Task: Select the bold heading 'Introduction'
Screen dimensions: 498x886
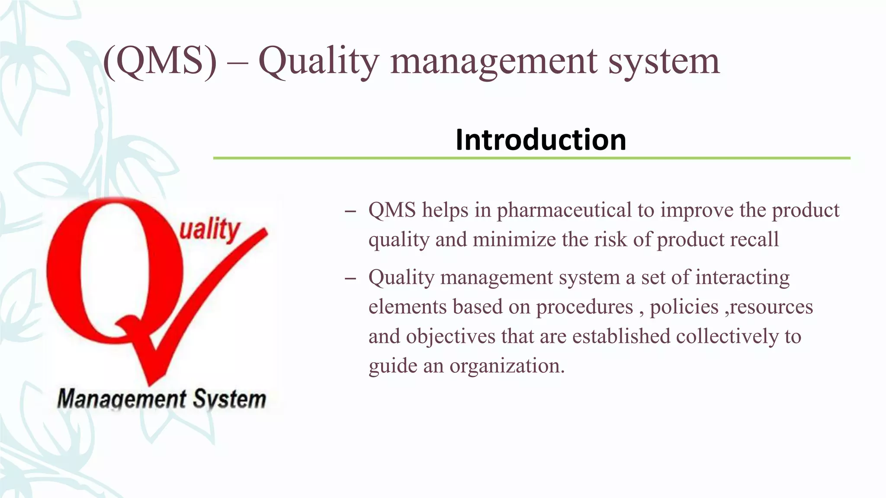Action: pyautogui.click(x=541, y=140)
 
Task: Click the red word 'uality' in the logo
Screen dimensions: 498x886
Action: pyautogui.click(x=209, y=230)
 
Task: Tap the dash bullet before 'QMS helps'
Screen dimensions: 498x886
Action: pyautogui.click(x=350, y=212)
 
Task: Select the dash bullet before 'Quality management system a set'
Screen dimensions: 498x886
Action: pyautogui.click(x=350, y=279)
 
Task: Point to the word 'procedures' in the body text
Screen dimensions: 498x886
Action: pyautogui.click(x=584, y=307)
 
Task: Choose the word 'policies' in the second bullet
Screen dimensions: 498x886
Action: pyautogui.click(x=684, y=307)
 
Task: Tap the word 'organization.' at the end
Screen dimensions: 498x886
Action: pyautogui.click(x=507, y=366)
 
